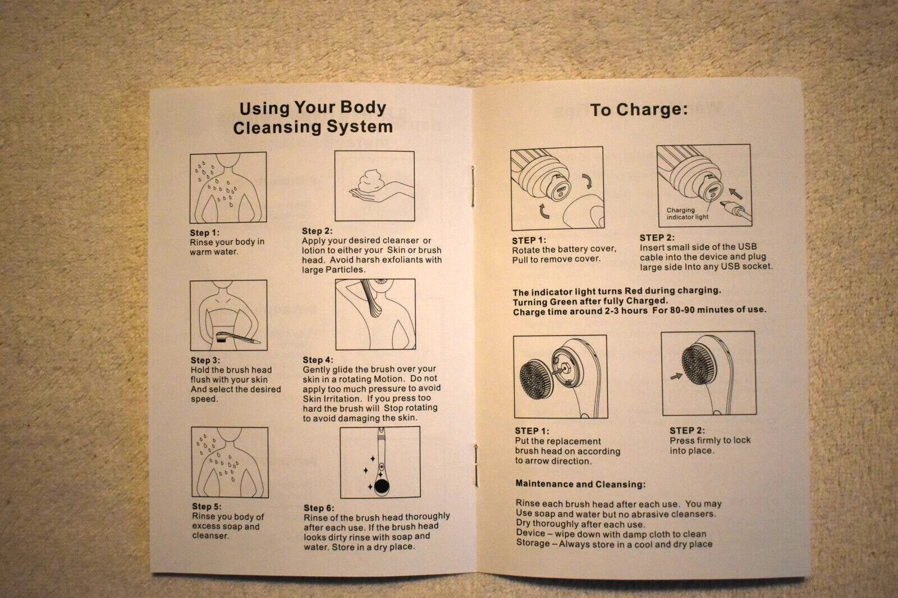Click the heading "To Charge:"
pos(639,109)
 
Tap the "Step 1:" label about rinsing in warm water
pos(204,232)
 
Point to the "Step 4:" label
pos(318,360)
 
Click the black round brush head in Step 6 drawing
pos(381,486)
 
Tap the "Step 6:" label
pos(319,508)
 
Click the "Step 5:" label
pos(207,506)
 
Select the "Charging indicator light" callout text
pos(687,213)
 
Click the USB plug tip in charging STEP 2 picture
pos(724,204)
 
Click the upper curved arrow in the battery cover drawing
pos(587,181)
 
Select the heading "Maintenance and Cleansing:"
pos(580,484)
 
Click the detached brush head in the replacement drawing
pos(537,378)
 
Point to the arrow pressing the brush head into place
pos(676,376)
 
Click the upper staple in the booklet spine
pos(473,186)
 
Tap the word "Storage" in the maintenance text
pos(532,543)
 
